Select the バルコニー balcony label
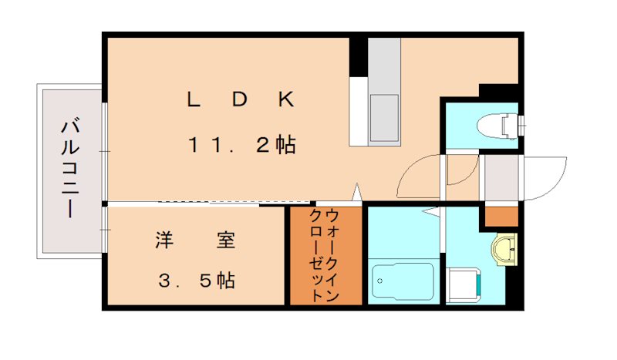pos(71,167)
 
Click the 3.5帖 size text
pos(196,280)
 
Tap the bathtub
pos(402,283)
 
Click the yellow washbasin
pos(505,249)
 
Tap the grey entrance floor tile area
pos(501,180)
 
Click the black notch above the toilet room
pos(498,89)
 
